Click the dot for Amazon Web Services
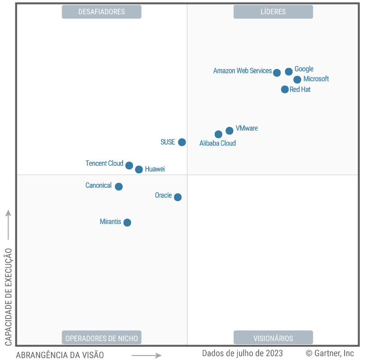click(x=277, y=73)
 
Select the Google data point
click(x=289, y=71)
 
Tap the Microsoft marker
click(x=297, y=80)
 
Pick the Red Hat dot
click(x=285, y=89)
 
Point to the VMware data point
click(x=229, y=131)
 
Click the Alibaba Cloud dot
click(x=218, y=134)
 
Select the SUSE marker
click(x=182, y=142)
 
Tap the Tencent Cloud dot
click(x=129, y=165)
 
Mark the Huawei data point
click(x=139, y=169)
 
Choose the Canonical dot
click(x=119, y=187)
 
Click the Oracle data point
click(x=178, y=197)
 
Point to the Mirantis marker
click(x=127, y=223)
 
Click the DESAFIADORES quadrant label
click(x=101, y=12)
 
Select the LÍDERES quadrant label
click(x=273, y=12)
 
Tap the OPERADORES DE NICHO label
click(x=101, y=338)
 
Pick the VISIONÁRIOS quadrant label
click(x=273, y=338)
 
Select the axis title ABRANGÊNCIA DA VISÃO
click(x=60, y=355)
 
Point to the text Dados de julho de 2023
click(x=242, y=353)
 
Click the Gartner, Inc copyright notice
click(x=330, y=353)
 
